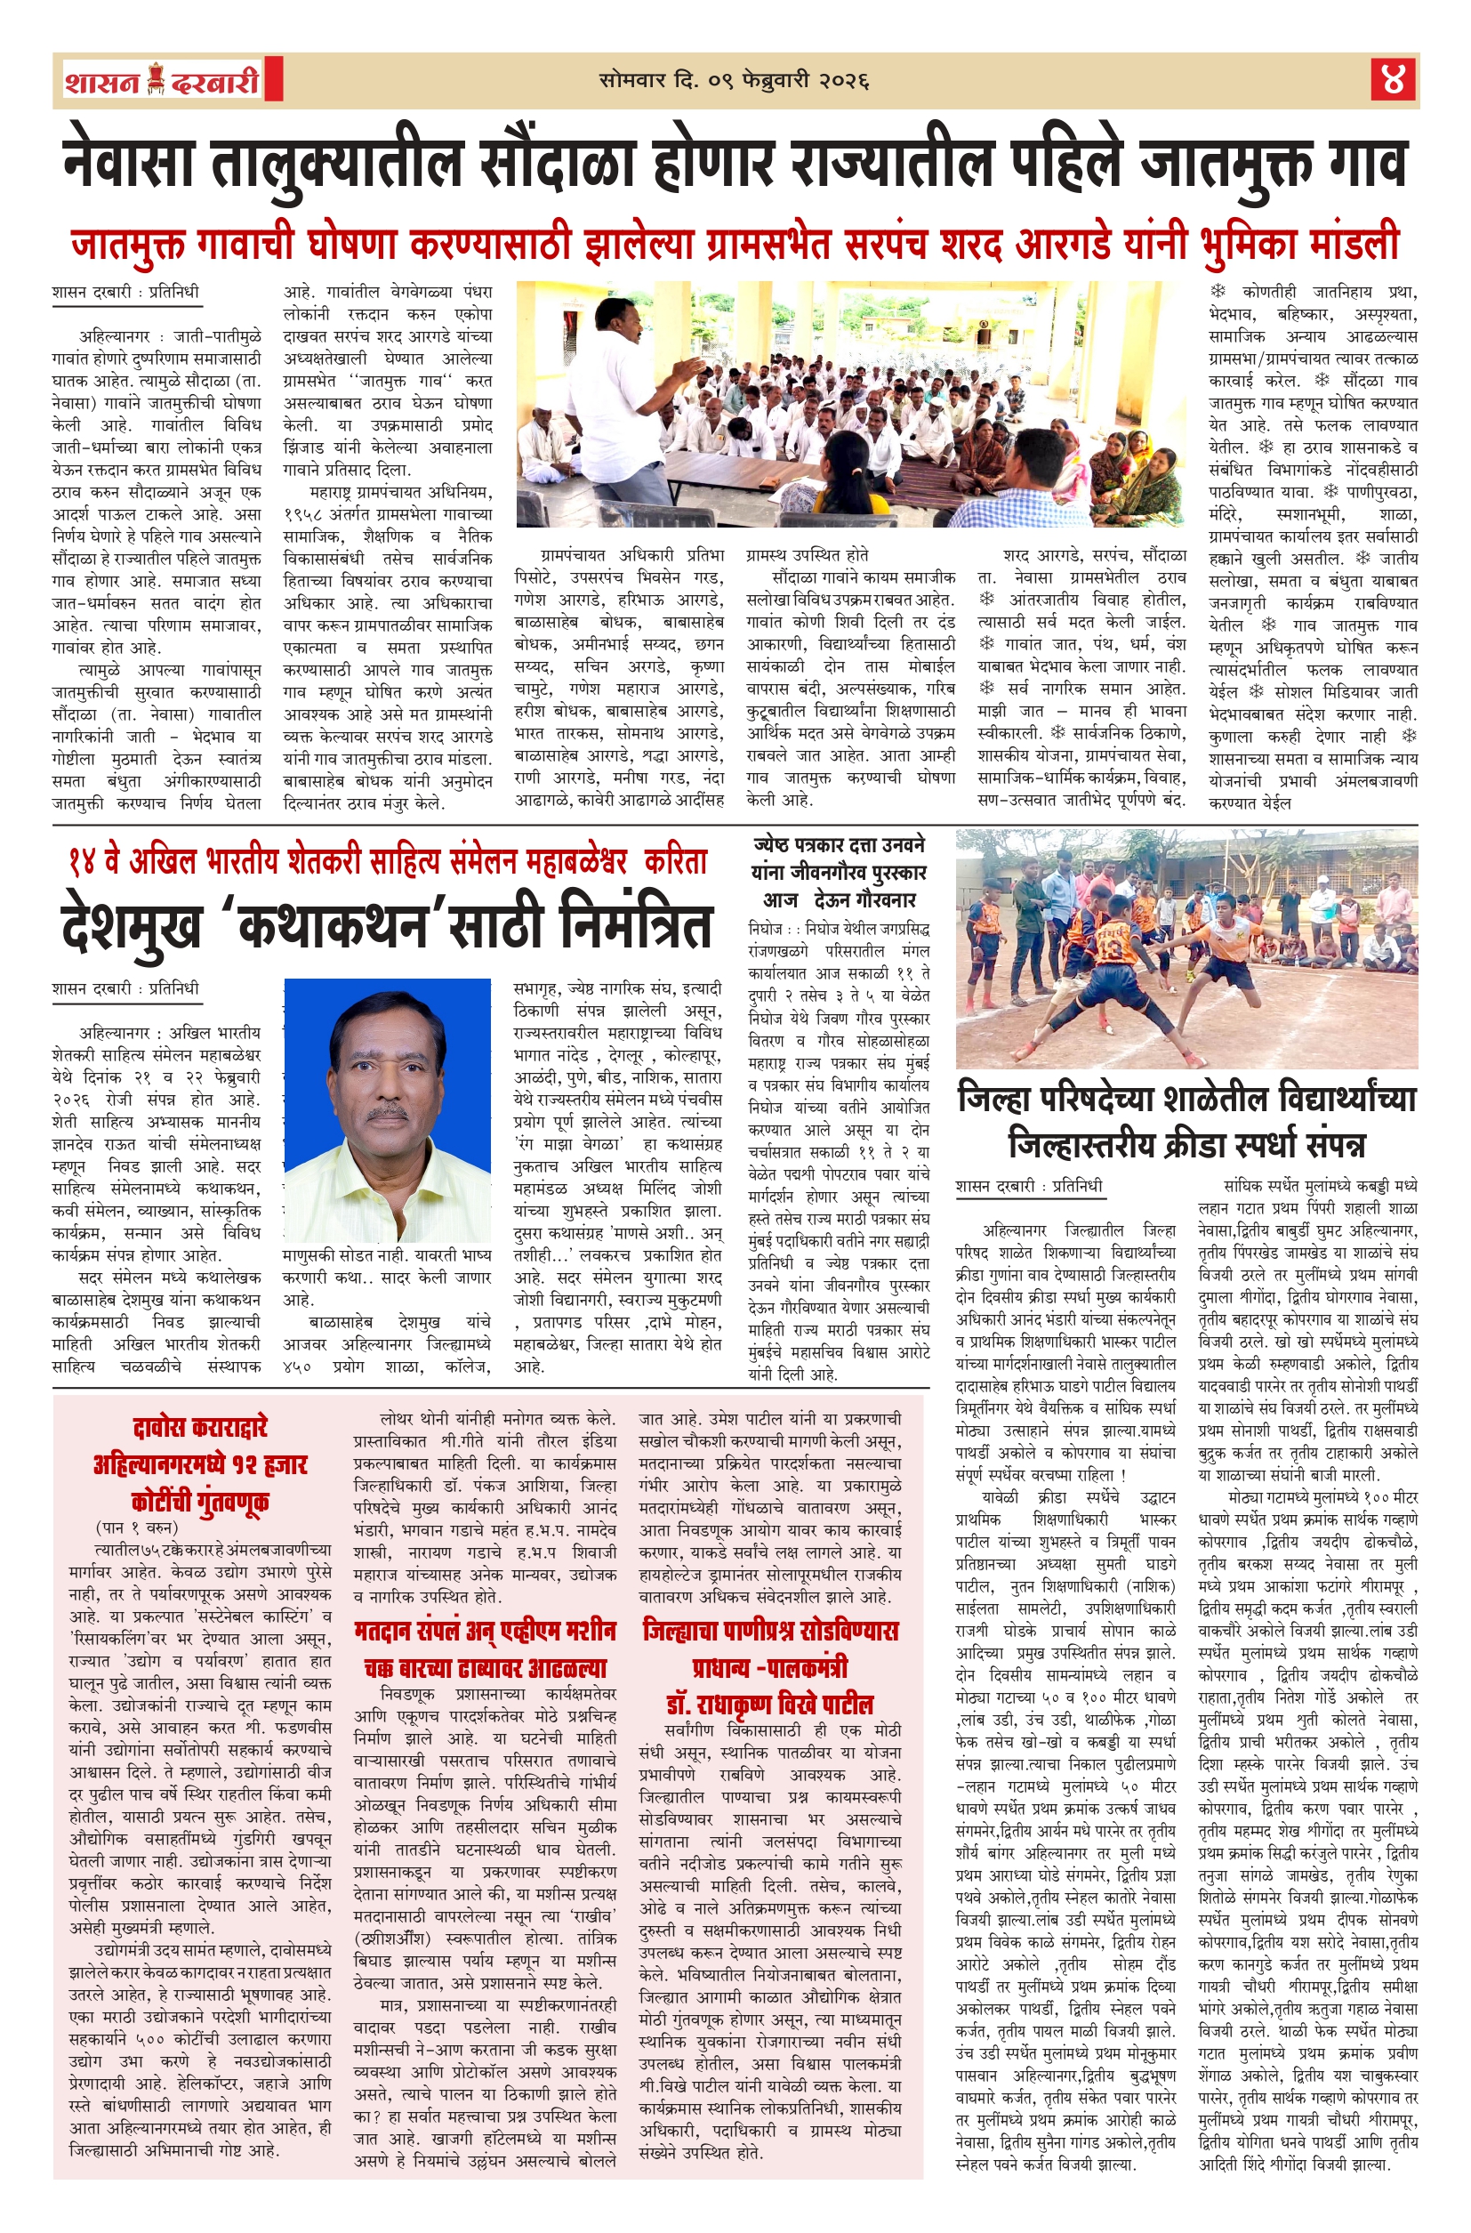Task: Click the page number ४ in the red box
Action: [x=1392, y=81]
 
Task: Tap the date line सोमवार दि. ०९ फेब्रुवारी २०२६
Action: [x=735, y=82]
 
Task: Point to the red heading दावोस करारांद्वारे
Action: [x=200, y=1427]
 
